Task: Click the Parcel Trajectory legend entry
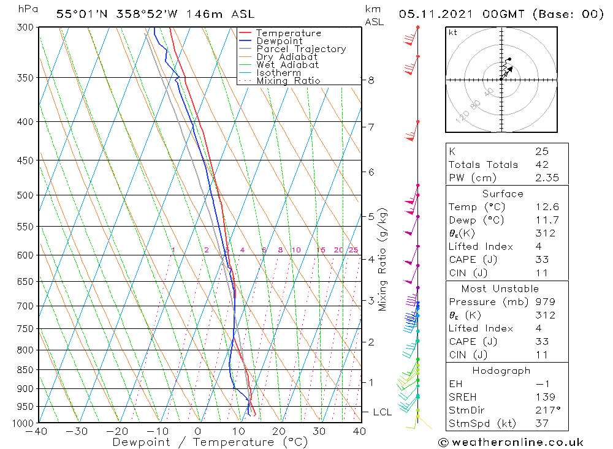coord(301,49)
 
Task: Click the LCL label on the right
coord(382,412)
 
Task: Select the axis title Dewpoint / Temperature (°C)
coord(210,442)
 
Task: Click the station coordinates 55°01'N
coord(81,14)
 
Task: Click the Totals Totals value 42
coord(542,165)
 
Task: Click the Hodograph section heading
coord(501,371)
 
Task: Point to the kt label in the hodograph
coord(453,32)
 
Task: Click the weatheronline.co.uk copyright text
coord(511,442)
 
